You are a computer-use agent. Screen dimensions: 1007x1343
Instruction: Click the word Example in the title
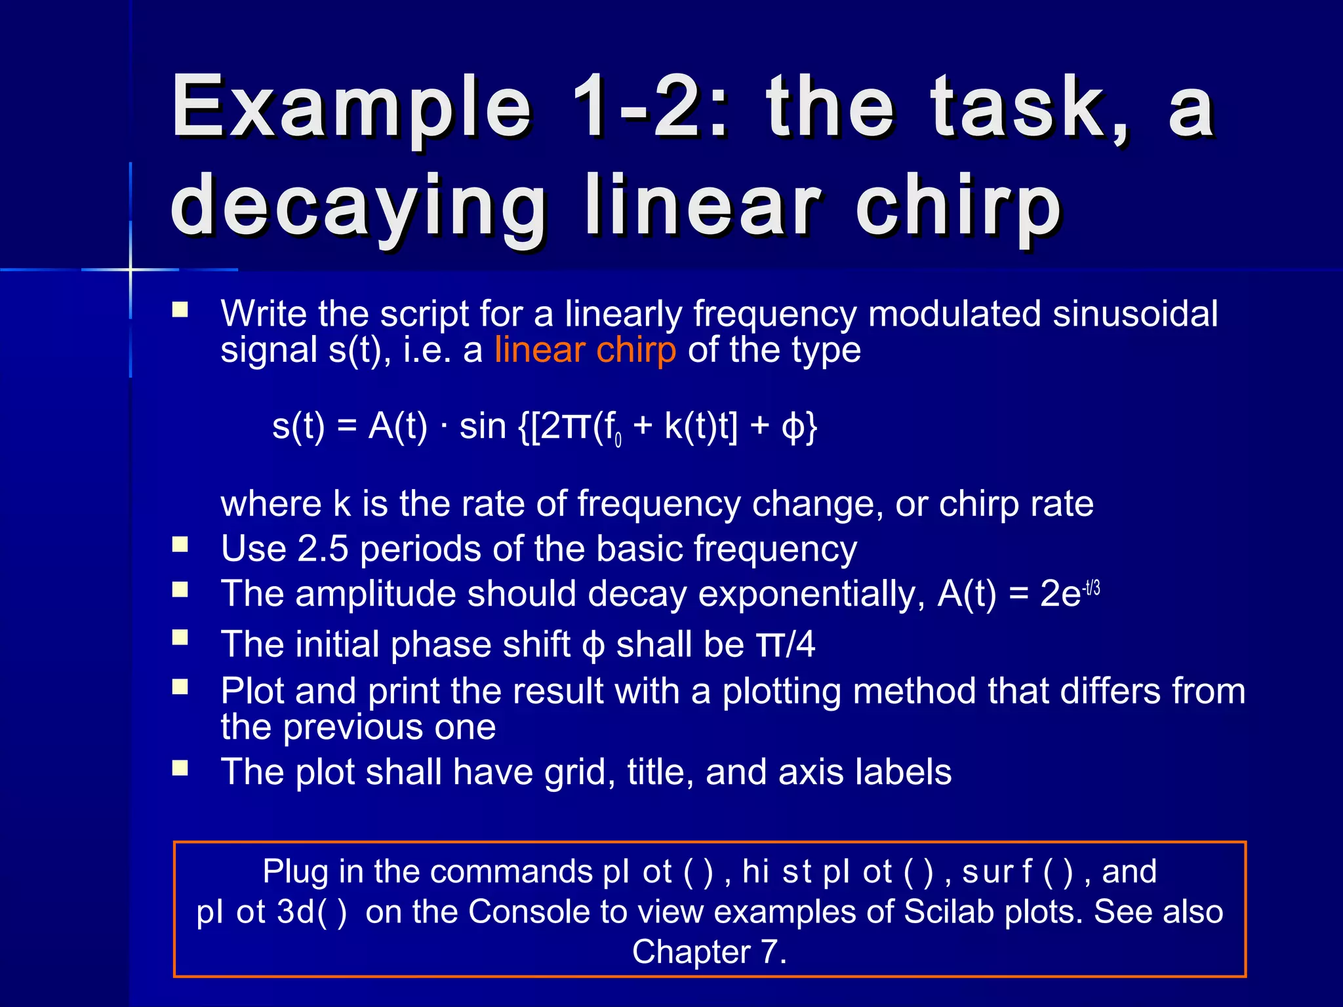pyautogui.click(x=351, y=108)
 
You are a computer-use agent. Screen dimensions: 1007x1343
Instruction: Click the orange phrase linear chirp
pyautogui.click(x=585, y=350)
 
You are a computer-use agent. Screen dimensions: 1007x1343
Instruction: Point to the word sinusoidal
pyautogui.click(x=1135, y=313)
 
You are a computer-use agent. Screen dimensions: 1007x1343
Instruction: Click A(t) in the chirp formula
pyautogui.click(x=398, y=426)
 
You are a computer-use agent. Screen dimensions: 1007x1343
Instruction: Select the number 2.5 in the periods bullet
pyautogui.click(x=323, y=548)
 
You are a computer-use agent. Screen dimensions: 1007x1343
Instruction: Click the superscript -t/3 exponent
pyautogui.click(x=1092, y=587)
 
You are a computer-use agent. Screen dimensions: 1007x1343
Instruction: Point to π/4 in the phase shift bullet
pyautogui.click(x=786, y=644)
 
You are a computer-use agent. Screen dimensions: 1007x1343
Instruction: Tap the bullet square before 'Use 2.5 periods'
pyautogui.click(x=180, y=545)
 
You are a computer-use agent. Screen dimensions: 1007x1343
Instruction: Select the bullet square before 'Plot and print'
pyautogui.click(x=180, y=686)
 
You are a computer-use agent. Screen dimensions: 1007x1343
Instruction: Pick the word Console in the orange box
pyautogui.click(x=529, y=911)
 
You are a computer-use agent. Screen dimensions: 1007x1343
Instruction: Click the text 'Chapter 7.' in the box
pyautogui.click(x=709, y=952)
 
